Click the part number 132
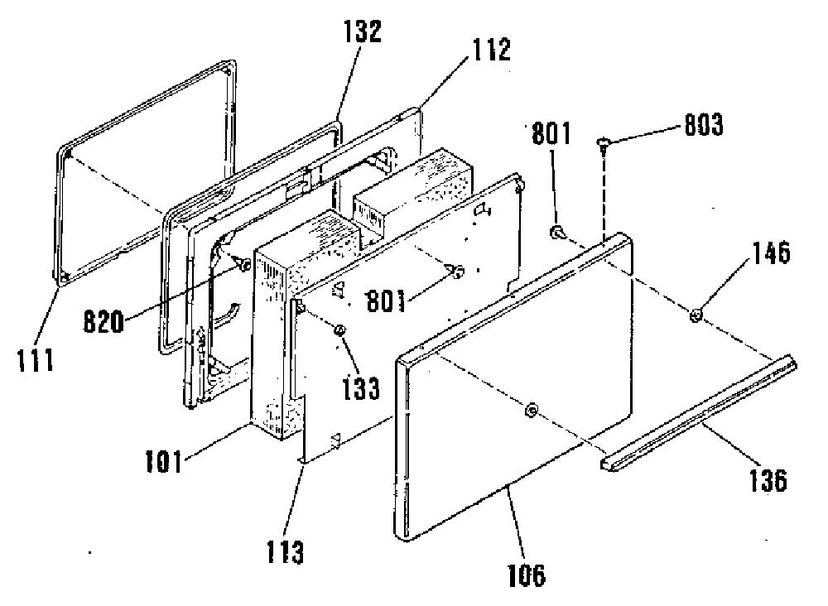click(x=363, y=31)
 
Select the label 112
click(x=490, y=50)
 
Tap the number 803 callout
click(x=703, y=125)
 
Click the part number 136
click(x=768, y=480)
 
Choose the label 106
click(x=526, y=575)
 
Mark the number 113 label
click(x=285, y=551)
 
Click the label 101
click(x=164, y=461)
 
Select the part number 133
click(x=360, y=388)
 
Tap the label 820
click(x=103, y=321)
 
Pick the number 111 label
click(x=36, y=361)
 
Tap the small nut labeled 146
click(x=696, y=315)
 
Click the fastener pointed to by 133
click(x=339, y=330)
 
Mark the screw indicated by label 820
click(x=243, y=265)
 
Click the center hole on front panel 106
click(x=532, y=409)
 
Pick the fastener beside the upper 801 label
click(x=557, y=232)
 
